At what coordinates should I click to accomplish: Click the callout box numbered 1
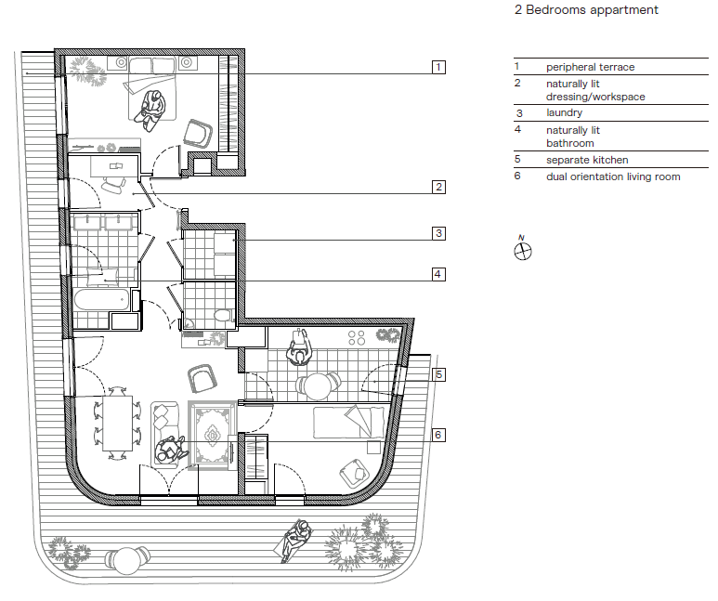click(438, 67)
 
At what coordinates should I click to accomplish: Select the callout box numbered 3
click(438, 233)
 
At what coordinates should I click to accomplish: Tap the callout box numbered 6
click(438, 435)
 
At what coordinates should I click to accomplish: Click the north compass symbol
click(522, 251)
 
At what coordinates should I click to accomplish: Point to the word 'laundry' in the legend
click(564, 112)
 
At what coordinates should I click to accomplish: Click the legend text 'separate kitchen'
click(587, 160)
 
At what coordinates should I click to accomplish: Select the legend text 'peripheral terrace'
click(590, 67)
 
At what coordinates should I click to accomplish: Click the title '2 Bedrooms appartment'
click(586, 9)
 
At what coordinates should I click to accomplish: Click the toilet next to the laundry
click(223, 315)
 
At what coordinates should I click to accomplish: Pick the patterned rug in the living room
click(213, 436)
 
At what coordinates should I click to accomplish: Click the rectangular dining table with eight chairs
click(118, 424)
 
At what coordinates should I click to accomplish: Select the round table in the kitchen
click(318, 386)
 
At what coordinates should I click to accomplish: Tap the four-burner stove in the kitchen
click(357, 338)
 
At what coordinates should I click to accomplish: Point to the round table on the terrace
click(127, 561)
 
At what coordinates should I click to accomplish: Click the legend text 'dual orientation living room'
click(613, 176)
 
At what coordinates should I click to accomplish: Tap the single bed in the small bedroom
click(349, 423)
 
